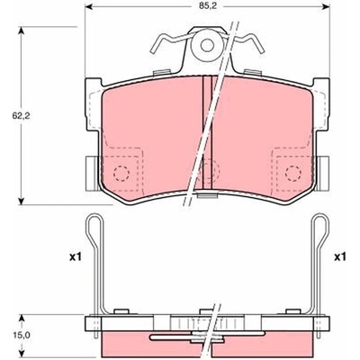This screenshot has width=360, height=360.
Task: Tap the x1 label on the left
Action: click(75, 256)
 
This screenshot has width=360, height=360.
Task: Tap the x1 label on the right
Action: click(340, 256)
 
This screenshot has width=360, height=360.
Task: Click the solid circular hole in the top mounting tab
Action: click(207, 46)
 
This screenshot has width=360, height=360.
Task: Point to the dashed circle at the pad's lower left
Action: click(121, 173)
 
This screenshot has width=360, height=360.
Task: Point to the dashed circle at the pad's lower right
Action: click(293, 173)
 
